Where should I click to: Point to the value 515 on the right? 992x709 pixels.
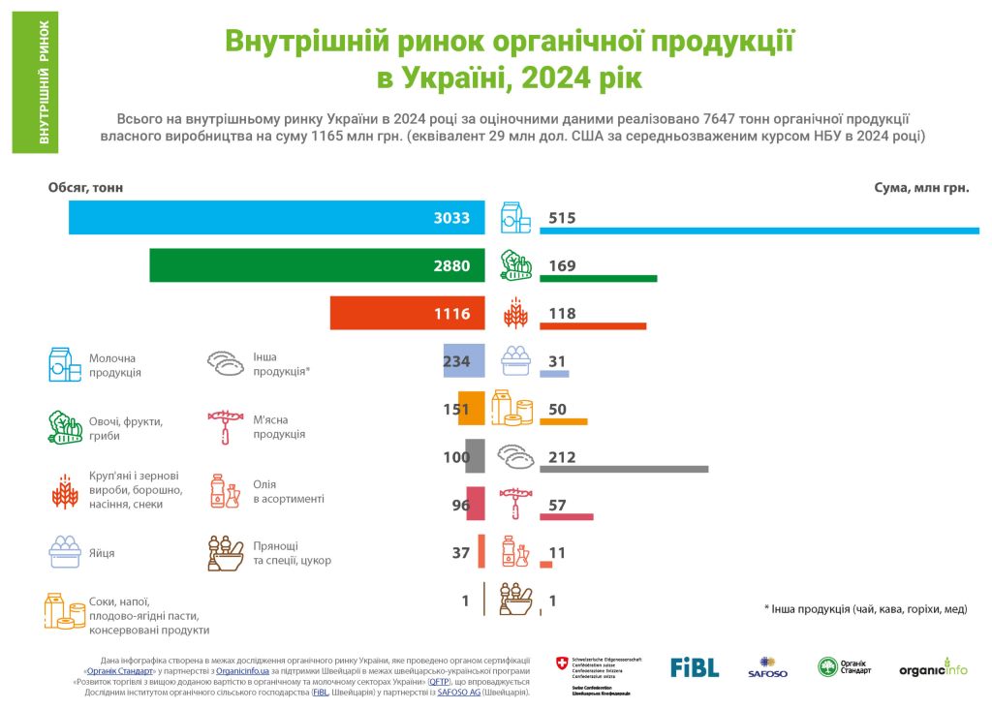click(562, 218)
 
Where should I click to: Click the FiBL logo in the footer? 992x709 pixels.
click(695, 667)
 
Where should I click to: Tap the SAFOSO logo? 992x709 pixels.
click(767, 667)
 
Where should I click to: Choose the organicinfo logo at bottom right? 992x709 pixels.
click(933, 668)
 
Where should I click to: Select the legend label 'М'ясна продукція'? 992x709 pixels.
click(278, 427)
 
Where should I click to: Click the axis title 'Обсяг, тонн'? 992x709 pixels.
click(86, 187)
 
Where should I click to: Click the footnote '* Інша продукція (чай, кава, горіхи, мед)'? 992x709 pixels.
click(865, 608)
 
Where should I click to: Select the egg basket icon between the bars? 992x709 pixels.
click(515, 361)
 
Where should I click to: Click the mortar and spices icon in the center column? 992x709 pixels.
click(515, 601)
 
